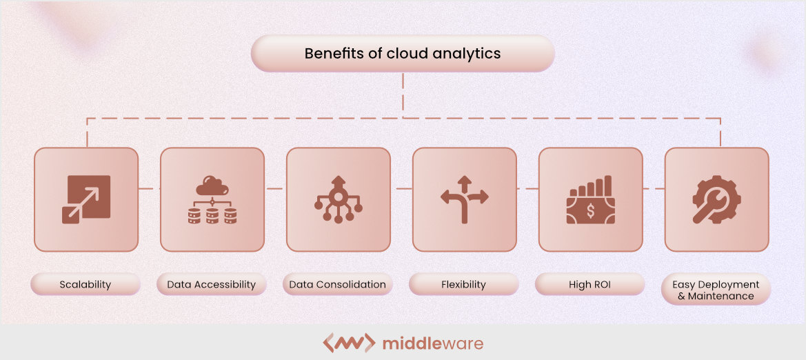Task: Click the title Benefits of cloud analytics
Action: (x=403, y=53)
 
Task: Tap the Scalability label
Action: (x=85, y=284)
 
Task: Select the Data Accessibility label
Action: (x=211, y=284)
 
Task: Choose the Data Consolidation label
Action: (x=337, y=284)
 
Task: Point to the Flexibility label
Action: (x=463, y=284)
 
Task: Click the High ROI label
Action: (x=590, y=284)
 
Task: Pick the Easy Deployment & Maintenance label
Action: (x=716, y=290)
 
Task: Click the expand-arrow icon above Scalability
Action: (x=85, y=199)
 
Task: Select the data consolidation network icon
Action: (x=338, y=199)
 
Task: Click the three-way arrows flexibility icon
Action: (x=464, y=199)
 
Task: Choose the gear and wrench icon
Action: (x=716, y=199)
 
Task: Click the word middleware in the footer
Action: (x=432, y=343)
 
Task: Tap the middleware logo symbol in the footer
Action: (x=349, y=343)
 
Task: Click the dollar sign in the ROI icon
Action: (x=590, y=210)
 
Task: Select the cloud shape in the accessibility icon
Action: (x=212, y=186)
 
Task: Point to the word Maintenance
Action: (x=721, y=296)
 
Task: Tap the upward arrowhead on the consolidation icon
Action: (x=338, y=181)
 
